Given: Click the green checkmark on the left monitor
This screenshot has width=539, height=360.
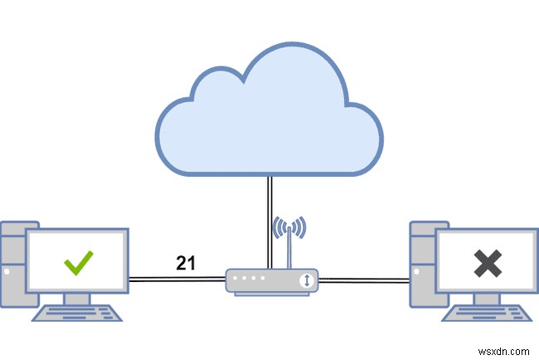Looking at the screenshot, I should [x=79, y=264].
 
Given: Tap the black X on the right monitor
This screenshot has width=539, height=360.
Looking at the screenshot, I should [x=488, y=263].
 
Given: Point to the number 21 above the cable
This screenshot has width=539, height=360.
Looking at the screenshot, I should [x=186, y=264].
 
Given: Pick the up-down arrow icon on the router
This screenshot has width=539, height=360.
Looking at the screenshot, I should [x=308, y=280].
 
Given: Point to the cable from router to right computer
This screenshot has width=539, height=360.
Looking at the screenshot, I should [x=365, y=280].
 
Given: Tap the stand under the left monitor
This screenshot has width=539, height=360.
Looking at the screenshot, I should [x=78, y=298].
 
